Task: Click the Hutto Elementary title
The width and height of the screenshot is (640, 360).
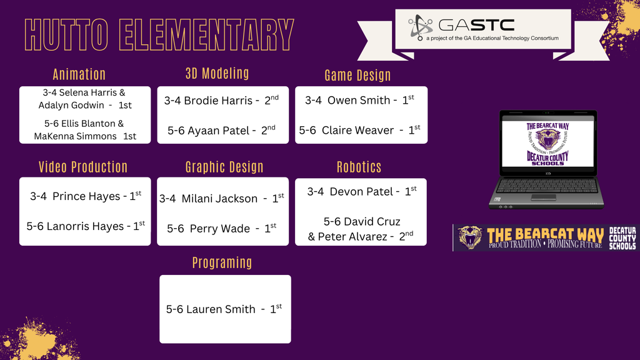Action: pyautogui.click(x=159, y=35)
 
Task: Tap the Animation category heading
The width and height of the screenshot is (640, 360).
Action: pyautogui.click(x=79, y=74)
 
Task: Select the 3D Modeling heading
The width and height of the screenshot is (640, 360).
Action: pyautogui.click(x=217, y=73)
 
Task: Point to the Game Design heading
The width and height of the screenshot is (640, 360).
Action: pyautogui.click(x=357, y=76)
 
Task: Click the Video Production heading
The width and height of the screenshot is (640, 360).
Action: pyautogui.click(x=83, y=167)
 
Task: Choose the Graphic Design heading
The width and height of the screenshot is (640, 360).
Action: pyautogui.click(x=224, y=167)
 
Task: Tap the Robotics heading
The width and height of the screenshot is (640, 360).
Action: pyautogui.click(x=359, y=167)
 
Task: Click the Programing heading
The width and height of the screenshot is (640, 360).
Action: pyautogui.click(x=222, y=262)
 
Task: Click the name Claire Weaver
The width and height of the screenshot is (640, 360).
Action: pyautogui.click(x=357, y=131)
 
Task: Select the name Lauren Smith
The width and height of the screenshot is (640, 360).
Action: pyautogui.click(x=221, y=309)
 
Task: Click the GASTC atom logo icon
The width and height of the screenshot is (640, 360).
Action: pyautogui.click(x=421, y=27)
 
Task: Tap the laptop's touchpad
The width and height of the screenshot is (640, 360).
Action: pyautogui.click(x=543, y=196)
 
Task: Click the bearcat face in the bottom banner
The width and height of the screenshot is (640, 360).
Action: pyautogui.click(x=469, y=237)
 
